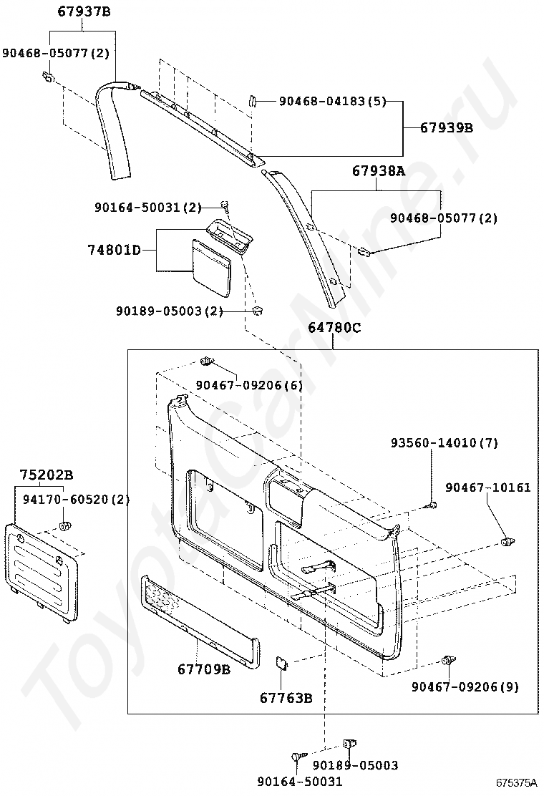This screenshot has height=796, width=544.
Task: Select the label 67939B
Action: pos(447,128)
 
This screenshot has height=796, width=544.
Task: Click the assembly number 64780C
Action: pos(335,329)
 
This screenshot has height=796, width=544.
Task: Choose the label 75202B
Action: pos(47,475)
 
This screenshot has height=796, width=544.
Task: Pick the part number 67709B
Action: pos(204,669)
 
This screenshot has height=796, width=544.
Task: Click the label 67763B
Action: pos(286,698)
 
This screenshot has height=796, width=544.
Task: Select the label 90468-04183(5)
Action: pos(332,102)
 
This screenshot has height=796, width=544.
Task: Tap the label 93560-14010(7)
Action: pos(444,443)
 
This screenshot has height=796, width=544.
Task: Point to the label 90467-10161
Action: pos(487,487)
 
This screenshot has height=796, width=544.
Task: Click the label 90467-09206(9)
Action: pos(465,686)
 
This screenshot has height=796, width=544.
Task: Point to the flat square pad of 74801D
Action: pos(212,266)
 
